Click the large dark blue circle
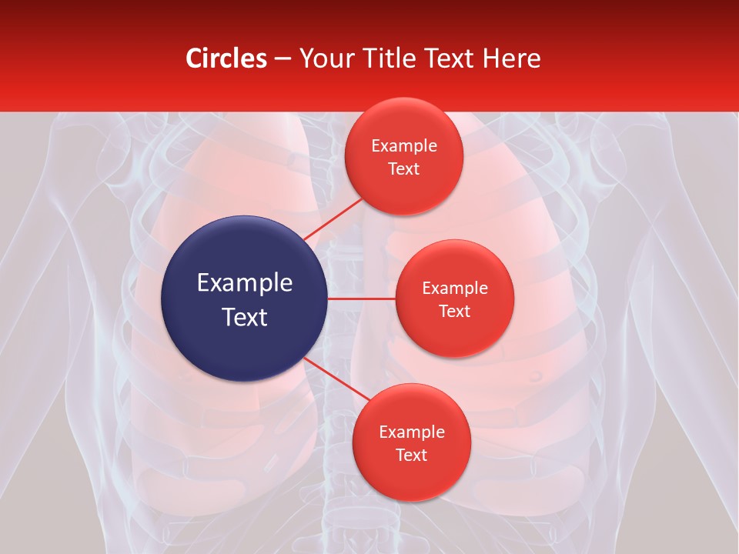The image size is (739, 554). (x=244, y=299)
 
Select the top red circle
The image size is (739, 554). (x=403, y=157)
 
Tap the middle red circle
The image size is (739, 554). (x=454, y=299)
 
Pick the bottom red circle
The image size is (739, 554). (x=411, y=442)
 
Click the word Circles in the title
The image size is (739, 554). (x=226, y=58)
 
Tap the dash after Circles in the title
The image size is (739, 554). (x=283, y=59)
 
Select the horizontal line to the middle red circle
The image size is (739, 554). (x=361, y=299)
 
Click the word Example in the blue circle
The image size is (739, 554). (x=245, y=283)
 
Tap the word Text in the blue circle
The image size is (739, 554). (x=245, y=317)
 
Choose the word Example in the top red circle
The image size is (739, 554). (x=404, y=146)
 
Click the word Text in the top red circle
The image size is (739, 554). (x=403, y=169)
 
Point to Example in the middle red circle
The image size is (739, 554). (x=455, y=289)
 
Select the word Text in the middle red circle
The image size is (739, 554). (x=454, y=311)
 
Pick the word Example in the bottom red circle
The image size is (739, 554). (x=412, y=432)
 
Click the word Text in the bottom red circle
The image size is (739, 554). (x=411, y=455)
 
